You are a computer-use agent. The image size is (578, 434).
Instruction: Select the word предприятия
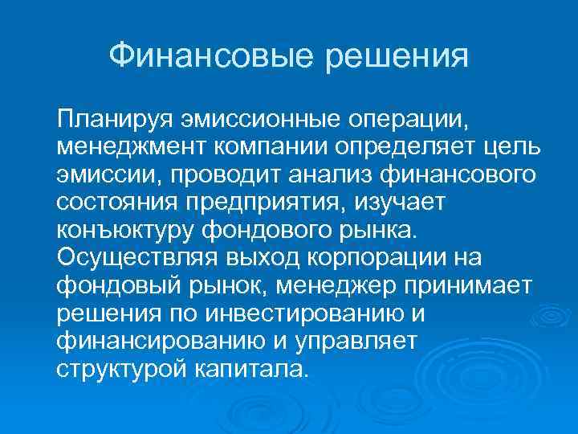click(x=263, y=203)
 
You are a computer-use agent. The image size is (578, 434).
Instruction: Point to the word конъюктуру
click(x=125, y=231)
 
